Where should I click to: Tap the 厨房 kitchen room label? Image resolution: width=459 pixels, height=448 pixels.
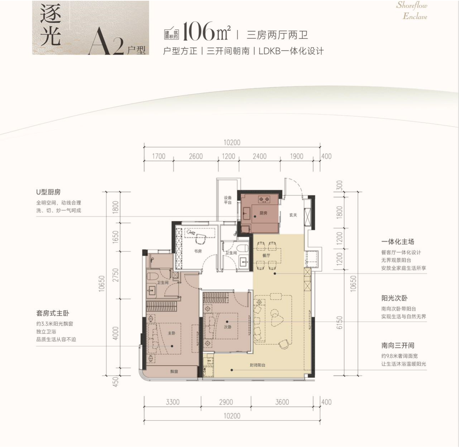263,213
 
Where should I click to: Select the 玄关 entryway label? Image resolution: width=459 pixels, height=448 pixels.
293,215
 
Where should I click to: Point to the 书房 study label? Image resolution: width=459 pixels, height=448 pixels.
198,251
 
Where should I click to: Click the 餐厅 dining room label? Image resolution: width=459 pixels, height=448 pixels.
266,255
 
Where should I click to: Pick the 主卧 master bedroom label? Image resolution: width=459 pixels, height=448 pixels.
172,333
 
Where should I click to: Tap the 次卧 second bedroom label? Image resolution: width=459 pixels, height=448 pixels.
228,327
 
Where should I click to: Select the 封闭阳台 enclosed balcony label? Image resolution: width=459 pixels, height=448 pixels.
258,365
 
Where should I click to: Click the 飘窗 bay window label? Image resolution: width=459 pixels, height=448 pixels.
174,372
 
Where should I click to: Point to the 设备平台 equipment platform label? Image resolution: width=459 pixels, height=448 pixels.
228,200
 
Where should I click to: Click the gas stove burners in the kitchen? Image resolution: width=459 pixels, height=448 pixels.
264,200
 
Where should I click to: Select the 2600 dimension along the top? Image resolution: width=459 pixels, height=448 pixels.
196,156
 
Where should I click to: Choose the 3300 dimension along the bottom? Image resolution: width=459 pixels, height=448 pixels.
173,402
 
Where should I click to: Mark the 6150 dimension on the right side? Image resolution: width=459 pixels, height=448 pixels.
339,322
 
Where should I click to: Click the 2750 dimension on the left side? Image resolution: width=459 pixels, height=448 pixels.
115,275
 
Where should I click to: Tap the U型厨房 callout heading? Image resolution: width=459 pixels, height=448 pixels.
48,192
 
